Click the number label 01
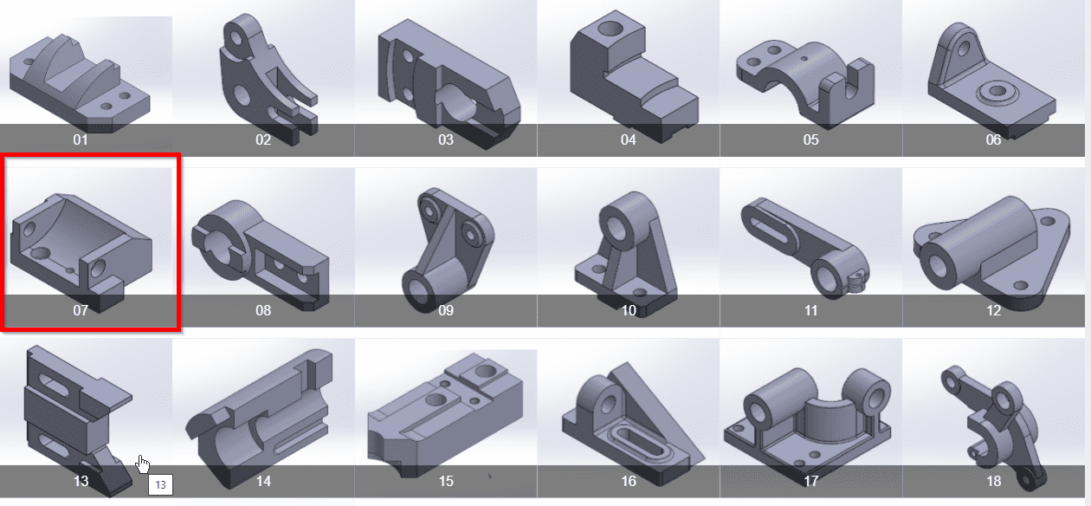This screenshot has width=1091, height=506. (81, 139)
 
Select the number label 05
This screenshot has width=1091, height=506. (811, 139)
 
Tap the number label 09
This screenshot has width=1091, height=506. (446, 310)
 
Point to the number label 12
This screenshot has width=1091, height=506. (994, 310)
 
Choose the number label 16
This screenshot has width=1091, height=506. (629, 481)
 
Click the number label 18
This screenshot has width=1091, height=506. (994, 481)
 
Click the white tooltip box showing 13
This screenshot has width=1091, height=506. (160, 485)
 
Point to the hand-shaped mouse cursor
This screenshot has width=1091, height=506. (143, 464)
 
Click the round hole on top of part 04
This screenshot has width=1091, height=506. (610, 28)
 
